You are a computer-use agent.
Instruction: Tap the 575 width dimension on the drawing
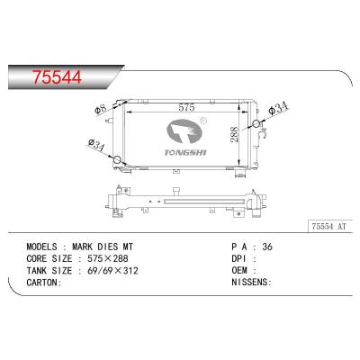coord(186,107)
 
